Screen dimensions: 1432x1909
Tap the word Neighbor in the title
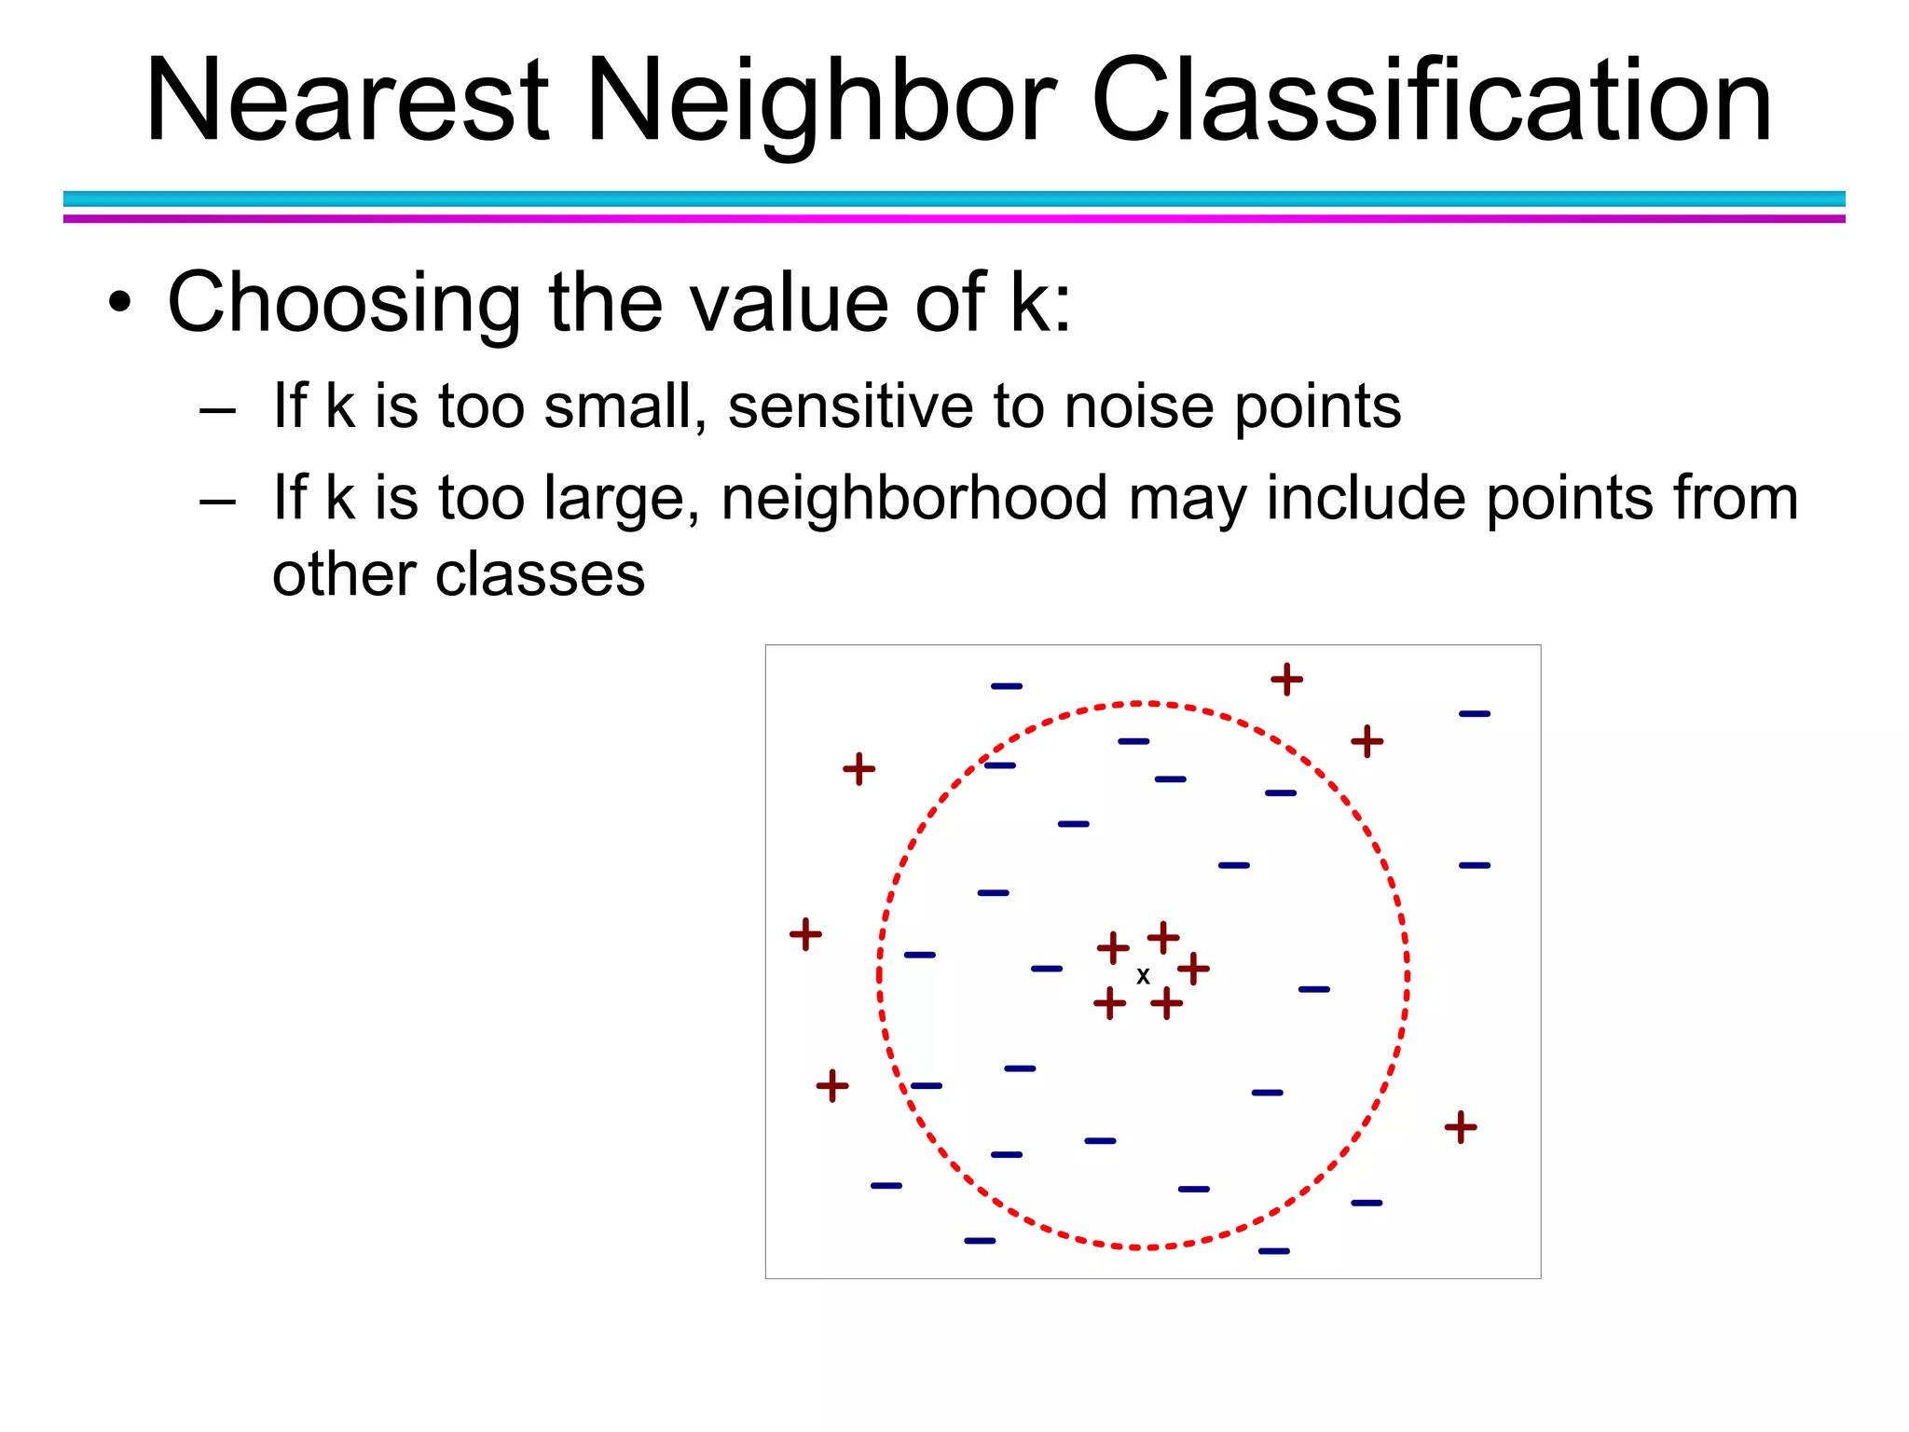(820, 101)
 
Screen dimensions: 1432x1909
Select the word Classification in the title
(1431, 101)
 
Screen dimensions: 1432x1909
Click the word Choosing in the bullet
(343, 303)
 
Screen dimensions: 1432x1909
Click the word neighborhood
(913, 499)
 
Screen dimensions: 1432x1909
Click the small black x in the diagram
(1143, 976)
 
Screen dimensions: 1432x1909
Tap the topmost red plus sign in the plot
(1286, 680)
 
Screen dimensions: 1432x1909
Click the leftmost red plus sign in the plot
(805, 934)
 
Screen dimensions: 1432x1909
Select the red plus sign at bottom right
(1461, 1127)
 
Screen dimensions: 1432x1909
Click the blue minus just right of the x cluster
(1313, 989)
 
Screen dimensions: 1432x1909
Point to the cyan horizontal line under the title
(954, 199)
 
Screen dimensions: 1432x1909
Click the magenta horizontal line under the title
(954, 219)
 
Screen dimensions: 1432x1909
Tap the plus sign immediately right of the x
(1193, 969)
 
